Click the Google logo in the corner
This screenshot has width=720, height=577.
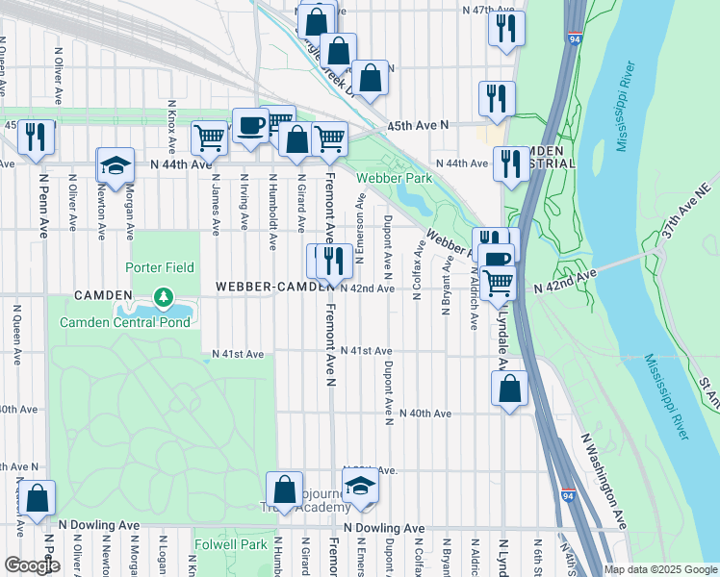pos(32,565)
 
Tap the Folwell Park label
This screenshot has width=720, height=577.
pos(230,544)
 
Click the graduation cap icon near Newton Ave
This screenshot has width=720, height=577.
pos(116,165)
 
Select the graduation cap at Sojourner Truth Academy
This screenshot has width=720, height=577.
pos(360,488)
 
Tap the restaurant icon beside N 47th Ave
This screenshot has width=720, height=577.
pos(505,28)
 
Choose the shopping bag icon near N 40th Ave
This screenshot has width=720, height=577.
pos(510,389)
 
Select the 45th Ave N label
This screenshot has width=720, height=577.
pos(419,126)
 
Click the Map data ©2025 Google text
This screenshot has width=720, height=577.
pos(659,569)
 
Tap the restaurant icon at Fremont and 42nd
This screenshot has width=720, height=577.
pos(333,261)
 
